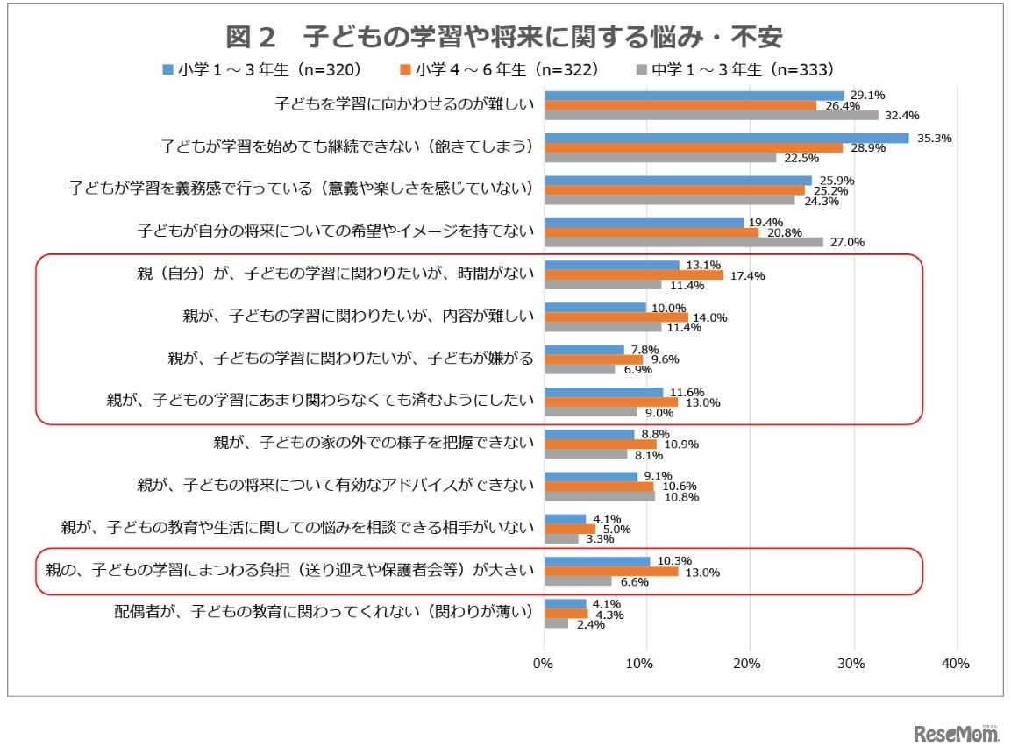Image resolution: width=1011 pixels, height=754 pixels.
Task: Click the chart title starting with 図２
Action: pos(503,37)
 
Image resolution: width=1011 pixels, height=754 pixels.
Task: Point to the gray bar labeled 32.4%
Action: pos(711,115)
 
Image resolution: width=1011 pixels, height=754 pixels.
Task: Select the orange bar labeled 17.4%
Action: pos(634,275)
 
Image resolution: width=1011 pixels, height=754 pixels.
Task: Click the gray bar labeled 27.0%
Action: pos(683,242)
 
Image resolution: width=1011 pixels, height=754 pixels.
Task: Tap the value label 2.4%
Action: pos(590,624)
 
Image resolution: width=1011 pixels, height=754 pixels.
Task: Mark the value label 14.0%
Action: pos(710,317)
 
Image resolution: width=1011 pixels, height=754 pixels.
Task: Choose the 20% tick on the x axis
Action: pos(750,664)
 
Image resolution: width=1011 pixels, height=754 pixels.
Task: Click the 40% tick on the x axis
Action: pos(955,664)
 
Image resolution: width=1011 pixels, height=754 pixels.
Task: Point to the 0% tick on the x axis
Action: pos(544,664)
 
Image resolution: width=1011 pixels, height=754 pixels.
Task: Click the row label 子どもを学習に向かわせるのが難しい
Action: pos(403,104)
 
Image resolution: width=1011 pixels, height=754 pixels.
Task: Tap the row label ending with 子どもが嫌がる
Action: pos(351,359)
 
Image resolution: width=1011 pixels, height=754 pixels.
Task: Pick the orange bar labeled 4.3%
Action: pos(566,614)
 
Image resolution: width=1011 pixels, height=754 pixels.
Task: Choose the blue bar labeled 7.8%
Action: pos(584,349)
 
